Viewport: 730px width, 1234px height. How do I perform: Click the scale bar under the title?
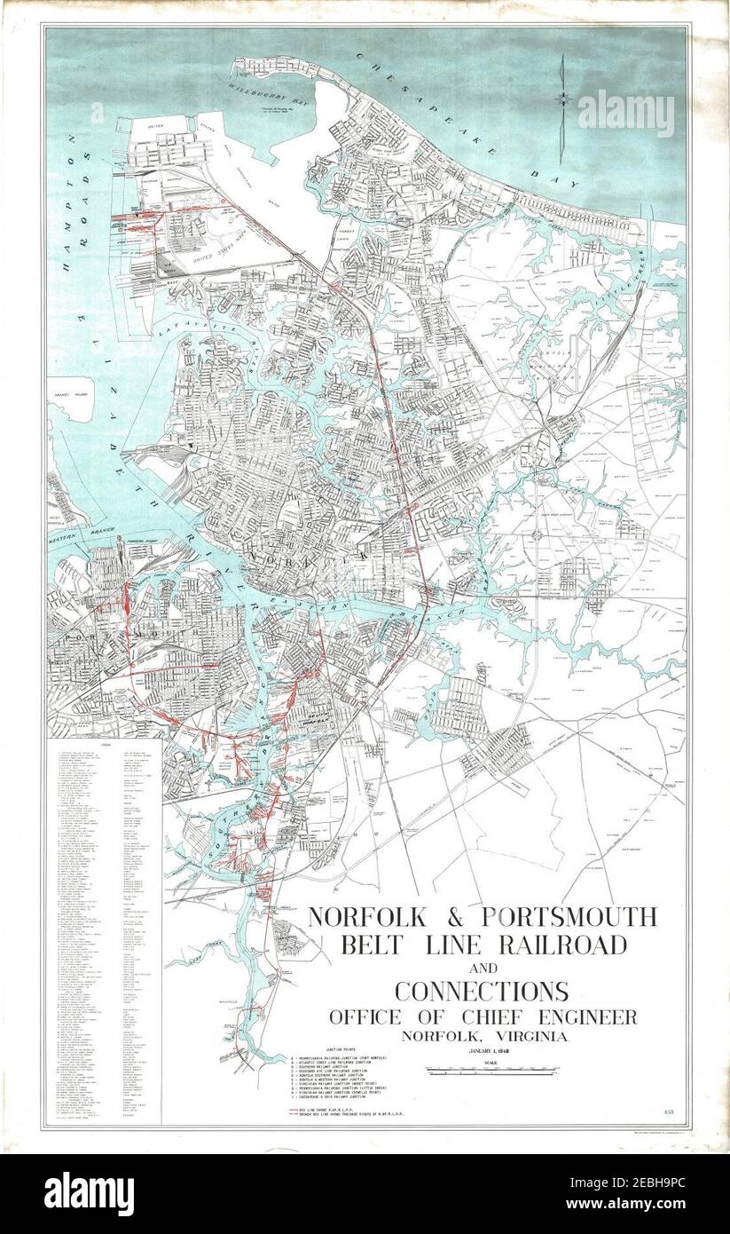(x=483, y=1072)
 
